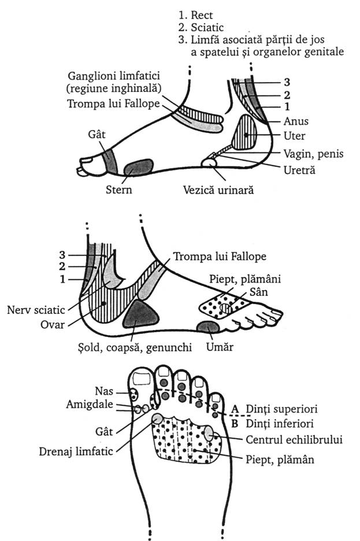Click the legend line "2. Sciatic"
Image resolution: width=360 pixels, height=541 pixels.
tap(201, 27)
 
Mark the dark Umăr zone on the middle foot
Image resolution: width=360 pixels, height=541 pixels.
tap(207, 328)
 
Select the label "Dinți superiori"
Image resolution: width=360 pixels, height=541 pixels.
tap(282, 409)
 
